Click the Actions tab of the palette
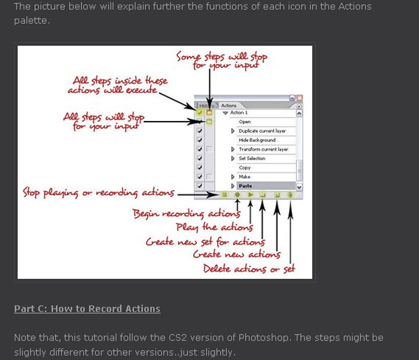click(229, 105)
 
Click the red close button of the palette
click(300, 99)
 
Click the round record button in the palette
click(237, 196)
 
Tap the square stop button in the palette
click(224, 196)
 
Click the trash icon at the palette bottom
click(289, 196)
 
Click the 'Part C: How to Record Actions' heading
click(87, 309)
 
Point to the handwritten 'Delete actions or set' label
click(249, 268)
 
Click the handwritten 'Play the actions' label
click(217, 227)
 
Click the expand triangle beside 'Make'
click(232, 178)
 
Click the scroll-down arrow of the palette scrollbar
click(300, 187)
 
